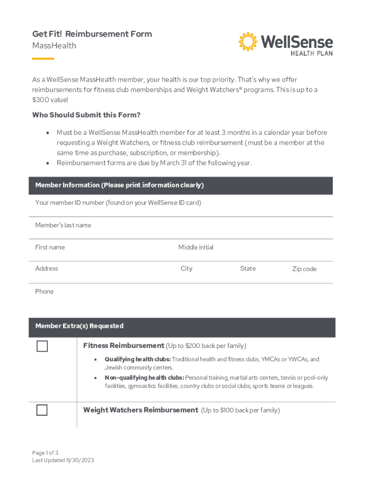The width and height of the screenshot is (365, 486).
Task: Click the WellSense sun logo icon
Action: [247, 42]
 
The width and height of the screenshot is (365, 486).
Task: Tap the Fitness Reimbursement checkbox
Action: [42, 346]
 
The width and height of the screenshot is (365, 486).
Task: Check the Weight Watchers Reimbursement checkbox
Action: [42, 410]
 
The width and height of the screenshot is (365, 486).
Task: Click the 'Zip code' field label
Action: [304, 269]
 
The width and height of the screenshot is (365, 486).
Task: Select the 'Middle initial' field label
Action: [196, 247]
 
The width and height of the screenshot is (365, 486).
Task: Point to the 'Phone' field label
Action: [45, 291]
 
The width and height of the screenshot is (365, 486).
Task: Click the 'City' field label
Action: [186, 269]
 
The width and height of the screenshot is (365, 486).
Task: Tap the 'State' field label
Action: [247, 269]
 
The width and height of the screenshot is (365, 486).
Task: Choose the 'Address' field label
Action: [46, 269]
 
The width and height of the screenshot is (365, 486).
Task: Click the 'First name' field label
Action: [50, 247]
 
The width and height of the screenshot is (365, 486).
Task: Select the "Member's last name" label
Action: [63, 225]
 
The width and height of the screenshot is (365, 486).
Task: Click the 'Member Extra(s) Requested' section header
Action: [79, 326]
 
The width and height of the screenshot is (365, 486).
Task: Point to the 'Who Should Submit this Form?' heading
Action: [86, 115]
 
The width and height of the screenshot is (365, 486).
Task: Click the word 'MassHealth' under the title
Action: [54, 46]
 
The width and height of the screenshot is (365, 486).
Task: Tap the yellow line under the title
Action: [43, 59]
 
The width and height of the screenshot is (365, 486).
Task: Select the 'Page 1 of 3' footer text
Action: [46, 453]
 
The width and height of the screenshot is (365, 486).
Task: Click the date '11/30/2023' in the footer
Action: [79, 460]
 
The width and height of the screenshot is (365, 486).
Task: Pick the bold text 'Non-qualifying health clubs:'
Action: [144, 378]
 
